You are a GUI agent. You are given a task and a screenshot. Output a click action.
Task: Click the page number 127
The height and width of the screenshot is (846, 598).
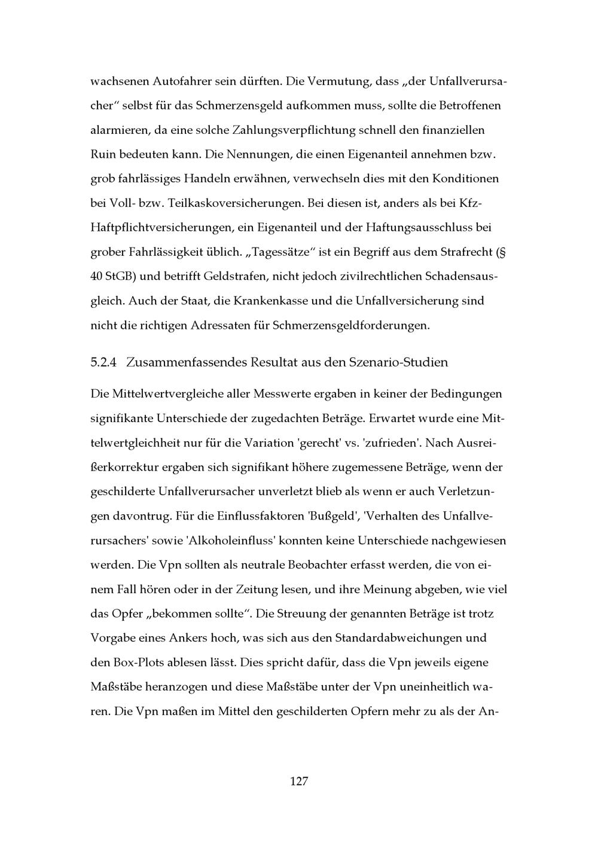(x=298, y=781)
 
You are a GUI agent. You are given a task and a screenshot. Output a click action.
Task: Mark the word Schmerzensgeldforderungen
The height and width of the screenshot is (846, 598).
(x=350, y=326)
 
